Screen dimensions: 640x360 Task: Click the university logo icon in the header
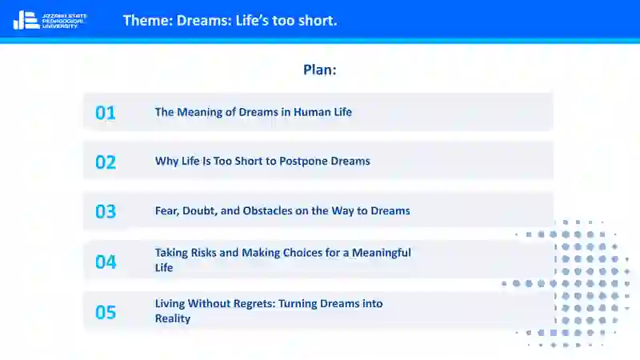tap(26, 21)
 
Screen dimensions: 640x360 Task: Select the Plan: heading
tap(319, 70)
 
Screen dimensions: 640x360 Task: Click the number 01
tap(106, 113)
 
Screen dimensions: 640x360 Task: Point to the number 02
tap(106, 162)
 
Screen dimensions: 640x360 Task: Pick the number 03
tap(106, 211)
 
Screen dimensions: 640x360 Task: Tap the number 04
tap(106, 262)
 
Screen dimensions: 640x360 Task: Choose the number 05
tap(106, 312)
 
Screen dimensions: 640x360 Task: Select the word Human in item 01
tap(310, 112)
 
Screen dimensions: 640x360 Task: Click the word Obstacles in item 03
tap(267, 210)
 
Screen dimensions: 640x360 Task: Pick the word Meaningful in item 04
tap(382, 253)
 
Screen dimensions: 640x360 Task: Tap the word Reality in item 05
tap(172, 318)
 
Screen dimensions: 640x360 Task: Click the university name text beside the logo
tap(65, 21)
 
